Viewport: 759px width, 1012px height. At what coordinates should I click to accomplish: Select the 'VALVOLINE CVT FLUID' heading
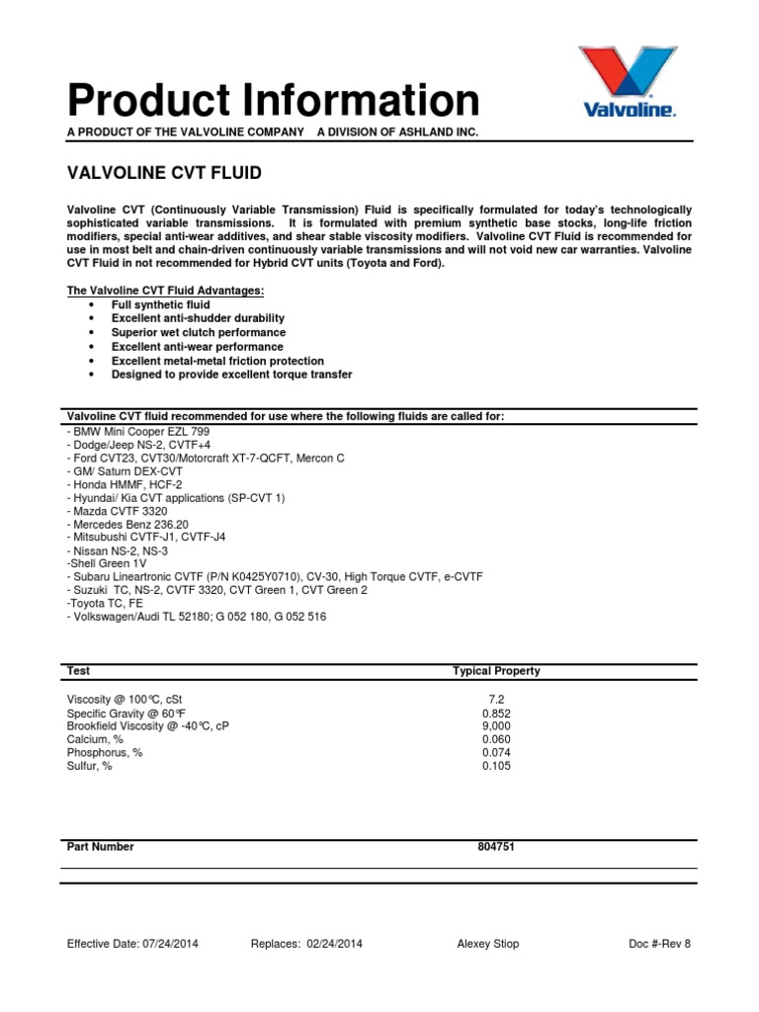(x=164, y=173)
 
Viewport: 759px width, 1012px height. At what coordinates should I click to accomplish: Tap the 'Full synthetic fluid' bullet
(x=160, y=305)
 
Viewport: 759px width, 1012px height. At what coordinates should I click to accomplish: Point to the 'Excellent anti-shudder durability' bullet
(x=198, y=319)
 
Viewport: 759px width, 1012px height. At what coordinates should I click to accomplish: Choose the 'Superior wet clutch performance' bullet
(x=197, y=333)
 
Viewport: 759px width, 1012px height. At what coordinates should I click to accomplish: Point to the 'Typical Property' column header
(x=496, y=671)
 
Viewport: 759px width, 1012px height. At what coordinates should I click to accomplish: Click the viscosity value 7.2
(x=495, y=699)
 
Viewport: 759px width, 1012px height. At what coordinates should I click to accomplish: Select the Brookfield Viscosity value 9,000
(x=495, y=725)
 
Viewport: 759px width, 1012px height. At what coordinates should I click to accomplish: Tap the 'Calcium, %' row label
(x=95, y=739)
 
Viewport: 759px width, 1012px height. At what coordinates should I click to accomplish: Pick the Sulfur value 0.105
(x=496, y=766)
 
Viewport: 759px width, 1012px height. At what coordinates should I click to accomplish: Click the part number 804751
(x=496, y=847)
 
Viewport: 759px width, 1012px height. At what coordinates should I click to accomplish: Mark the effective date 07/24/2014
(x=165, y=944)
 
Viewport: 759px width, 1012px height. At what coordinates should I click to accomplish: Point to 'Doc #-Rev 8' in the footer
(x=659, y=944)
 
